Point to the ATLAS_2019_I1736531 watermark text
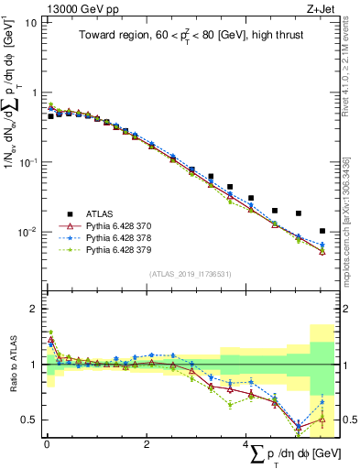click(x=190, y=275)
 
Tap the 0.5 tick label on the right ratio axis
click(x=349, y=420)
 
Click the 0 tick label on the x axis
click(x=46, y=444)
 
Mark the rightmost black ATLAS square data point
click(x=322, y=231)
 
